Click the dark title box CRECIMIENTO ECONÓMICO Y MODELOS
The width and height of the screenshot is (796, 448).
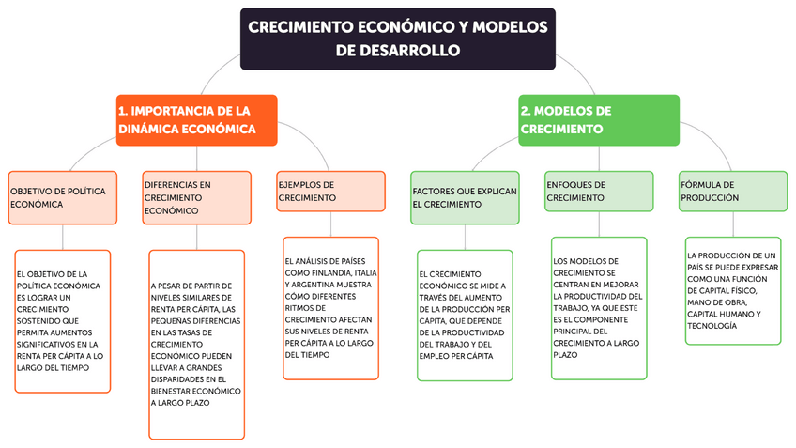pyautogui.click(x=398, y=39)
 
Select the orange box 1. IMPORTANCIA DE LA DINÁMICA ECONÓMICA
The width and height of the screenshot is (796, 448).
pyautogui.click(x=197, y=119)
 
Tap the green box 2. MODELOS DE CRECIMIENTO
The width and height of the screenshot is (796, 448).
pyautogui.click(x=599, y=119)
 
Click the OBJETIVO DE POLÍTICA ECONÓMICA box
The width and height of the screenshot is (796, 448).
pyautogui.click(x=63, y=197)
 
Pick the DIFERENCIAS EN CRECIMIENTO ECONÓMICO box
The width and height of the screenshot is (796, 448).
pyautogui.click(x=197, y=197)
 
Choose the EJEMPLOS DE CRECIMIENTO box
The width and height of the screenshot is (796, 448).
pyautogui.click(x=331, y=192)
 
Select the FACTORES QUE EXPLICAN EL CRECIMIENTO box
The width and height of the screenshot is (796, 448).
pyautogui.click(x=465, y=197)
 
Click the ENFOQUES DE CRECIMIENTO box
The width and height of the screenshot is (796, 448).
pyautogui.click(x=599, y=192)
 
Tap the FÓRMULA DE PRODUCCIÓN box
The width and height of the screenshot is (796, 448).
pyautogui.click(x=733, y=192)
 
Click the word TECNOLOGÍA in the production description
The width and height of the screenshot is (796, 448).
pyautogui.click(x=712, y=326)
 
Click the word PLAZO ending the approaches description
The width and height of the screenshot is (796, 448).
pyautogui.click(x=566, y=355)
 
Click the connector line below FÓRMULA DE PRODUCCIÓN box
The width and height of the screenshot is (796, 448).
pyautogui.click(x=733, y=224)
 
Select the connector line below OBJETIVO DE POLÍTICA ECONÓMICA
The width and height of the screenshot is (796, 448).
pyautogui.click(x=63, y=237)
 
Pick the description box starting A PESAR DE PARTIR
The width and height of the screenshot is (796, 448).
pyautogui.click(x=197, y=343)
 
